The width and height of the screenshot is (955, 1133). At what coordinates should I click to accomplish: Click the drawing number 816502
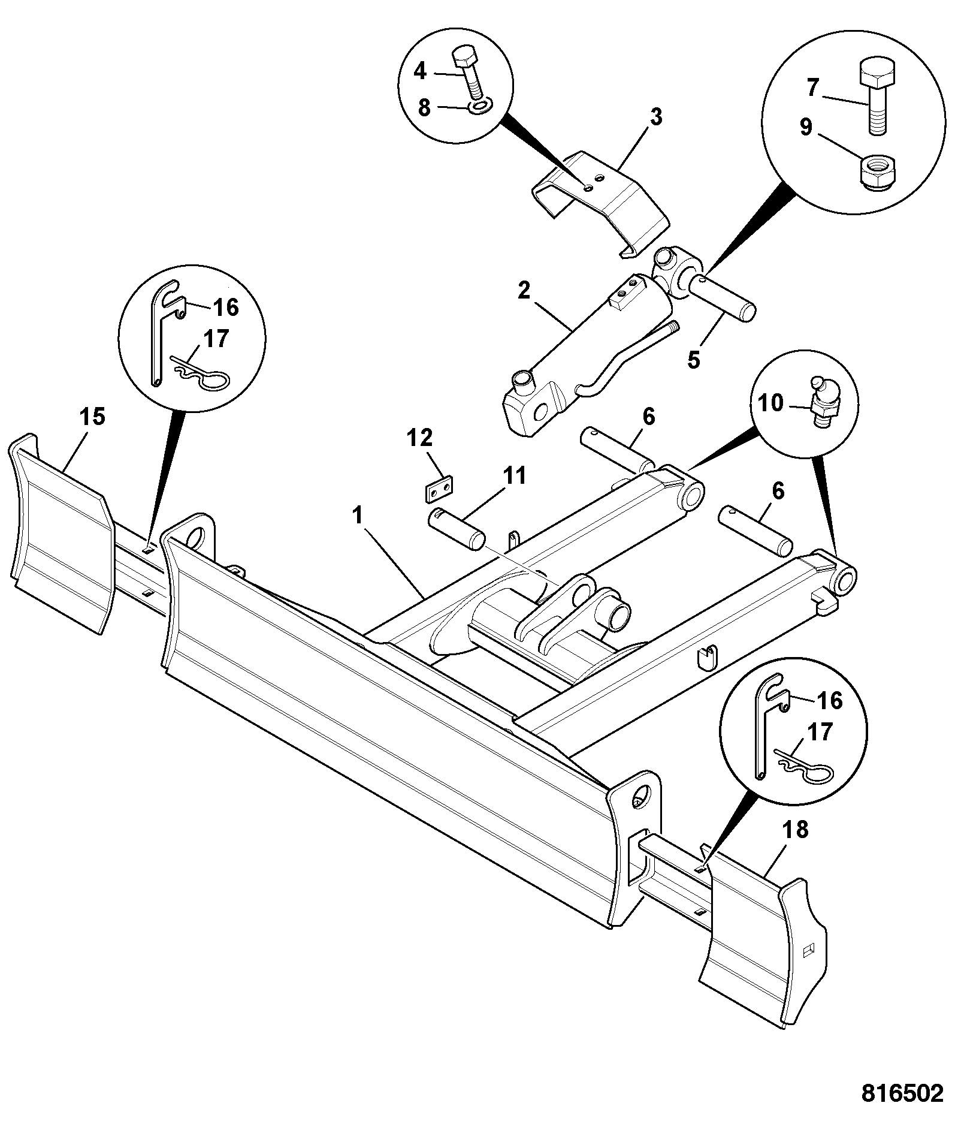[902, 1093]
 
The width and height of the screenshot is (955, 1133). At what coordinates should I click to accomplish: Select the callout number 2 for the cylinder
[524, 291]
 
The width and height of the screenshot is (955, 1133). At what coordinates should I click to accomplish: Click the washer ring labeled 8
[480, 106]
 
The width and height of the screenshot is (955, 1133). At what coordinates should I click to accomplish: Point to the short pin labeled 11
[457, 528]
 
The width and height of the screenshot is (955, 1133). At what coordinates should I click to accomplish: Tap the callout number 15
[93, 417]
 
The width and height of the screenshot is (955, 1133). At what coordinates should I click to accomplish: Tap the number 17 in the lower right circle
[821, 732]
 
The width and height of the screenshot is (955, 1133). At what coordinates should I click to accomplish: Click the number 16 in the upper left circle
[225, 308]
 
